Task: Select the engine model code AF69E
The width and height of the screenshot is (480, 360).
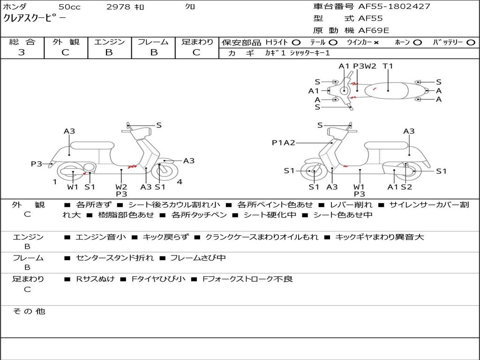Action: tap(374, 30)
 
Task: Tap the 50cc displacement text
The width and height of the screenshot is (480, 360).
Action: tap(69, 7)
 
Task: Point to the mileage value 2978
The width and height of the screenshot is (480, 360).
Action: tap(120, 7)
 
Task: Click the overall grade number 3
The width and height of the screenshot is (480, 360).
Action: tap(22, 52)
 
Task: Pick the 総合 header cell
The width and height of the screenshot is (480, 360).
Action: tap(22, 42)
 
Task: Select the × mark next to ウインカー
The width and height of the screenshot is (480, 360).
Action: tap(376, 43)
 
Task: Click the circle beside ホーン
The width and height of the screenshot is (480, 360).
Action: tap(418, 43)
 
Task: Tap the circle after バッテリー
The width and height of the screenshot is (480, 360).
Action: tap(471, 43)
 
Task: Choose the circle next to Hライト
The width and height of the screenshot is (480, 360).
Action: tap(296, 43)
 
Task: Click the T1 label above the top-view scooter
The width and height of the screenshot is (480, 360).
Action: tap(388, 66)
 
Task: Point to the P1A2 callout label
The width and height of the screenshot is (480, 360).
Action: tap(284, 142)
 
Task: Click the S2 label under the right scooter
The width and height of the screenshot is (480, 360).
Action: tap(406, 187)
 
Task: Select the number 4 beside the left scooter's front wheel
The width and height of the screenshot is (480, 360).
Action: tap(180, 182)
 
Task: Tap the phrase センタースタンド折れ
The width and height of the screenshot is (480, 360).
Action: tap(115, 258)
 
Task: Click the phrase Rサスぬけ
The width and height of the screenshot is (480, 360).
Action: tap(96, 279)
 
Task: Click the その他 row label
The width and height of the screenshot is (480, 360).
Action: tap(29, 311)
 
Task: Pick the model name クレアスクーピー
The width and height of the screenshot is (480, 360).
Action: tap(35, 19)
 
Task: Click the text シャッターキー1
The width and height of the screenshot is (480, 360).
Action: tap(310, 53)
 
